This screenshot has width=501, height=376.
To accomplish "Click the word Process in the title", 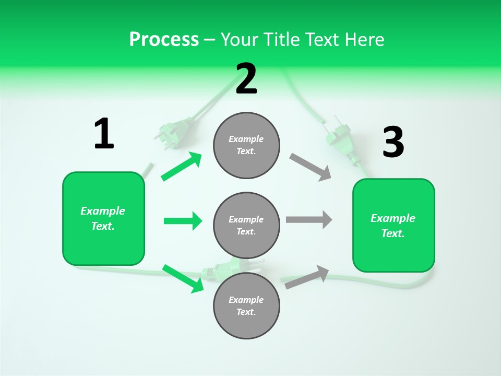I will click(164, 39).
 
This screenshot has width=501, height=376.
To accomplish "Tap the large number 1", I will click(104, 134).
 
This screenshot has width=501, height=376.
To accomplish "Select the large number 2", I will click(246, 79).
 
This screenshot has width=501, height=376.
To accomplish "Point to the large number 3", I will click(393, 142).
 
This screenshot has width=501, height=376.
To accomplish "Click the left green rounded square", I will click(103, 218).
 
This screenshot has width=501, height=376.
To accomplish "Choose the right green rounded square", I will click(393, 226).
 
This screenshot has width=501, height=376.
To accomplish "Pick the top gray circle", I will click(246, 145).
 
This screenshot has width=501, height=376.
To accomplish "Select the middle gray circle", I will click(246, 226).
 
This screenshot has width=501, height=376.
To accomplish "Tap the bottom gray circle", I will click(246, 306).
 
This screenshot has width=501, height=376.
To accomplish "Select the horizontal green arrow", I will click(183, 221).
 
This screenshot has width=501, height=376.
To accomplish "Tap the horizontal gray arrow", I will click(309, 220).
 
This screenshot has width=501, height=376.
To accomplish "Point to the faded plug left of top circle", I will click(174, 131).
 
